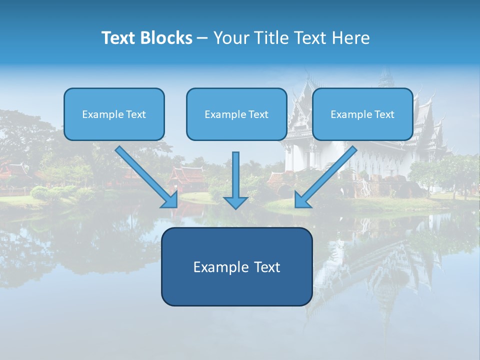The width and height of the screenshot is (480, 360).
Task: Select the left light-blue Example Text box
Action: click(114, 114)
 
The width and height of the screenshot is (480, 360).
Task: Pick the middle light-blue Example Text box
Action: click(236, 114)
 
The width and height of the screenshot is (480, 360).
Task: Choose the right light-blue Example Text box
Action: click(362, 114)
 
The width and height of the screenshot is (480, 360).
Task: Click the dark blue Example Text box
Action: click(236, 266)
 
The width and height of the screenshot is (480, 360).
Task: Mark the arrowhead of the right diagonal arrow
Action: click(302, 200)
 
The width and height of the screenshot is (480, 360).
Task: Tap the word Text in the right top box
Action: click(384, 114)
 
